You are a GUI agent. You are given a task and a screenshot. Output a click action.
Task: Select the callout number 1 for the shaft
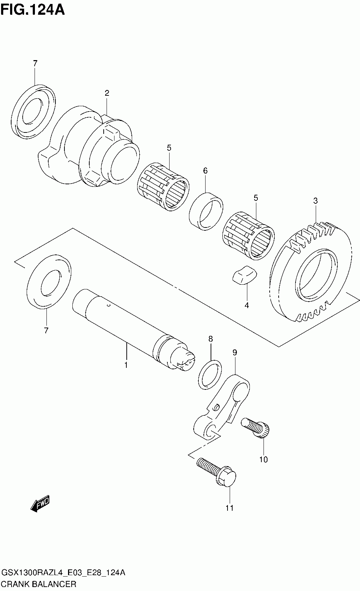pyautogui.click(x=126, y=365)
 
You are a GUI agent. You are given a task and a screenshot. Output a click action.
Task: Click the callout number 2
pyautogui.click(x=107, y=93)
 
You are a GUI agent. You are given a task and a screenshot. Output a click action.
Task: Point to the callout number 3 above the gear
pyautogui.click(x=315, y=201)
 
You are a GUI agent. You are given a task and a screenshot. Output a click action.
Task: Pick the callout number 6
pyautogui.click(x=205, y=171)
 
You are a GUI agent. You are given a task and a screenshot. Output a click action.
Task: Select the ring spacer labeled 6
pyautogui.click(x=206, y=212)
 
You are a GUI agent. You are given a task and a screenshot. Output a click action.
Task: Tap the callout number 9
pyautogui.click(x=235, y=353)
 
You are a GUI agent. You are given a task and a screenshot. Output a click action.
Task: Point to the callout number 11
pyautogui.click(x=229, y=508)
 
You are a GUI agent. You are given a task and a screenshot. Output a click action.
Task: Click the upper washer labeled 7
pyautogui.click(x=33, y=112)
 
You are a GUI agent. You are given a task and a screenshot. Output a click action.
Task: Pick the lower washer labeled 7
pyautogui.click(x=49, y=282)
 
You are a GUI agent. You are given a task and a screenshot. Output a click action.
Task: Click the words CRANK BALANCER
pyautogui.click(x=39, y=584)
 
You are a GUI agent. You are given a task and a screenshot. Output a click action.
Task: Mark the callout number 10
pyautogui.click(x=264, y=460)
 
